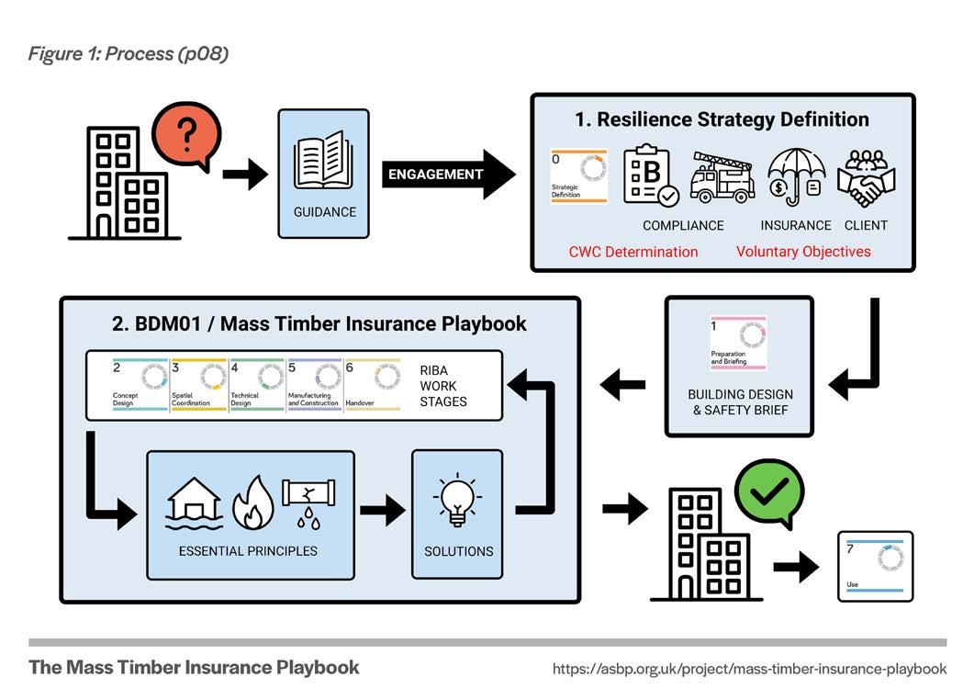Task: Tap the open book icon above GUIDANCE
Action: [323, 165]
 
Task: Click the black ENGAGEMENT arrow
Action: [448, 174]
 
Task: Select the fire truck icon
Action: [723, 177]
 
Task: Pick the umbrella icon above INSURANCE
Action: [795, 177]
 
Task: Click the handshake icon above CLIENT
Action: [866, 177]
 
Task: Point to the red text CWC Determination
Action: [633, 252]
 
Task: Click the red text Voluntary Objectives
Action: [803, 252]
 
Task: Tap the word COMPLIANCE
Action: [682, 226]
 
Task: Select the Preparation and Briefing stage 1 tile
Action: [738, 344]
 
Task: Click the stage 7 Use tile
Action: [875, 566]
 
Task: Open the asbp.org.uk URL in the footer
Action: [749, 669]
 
